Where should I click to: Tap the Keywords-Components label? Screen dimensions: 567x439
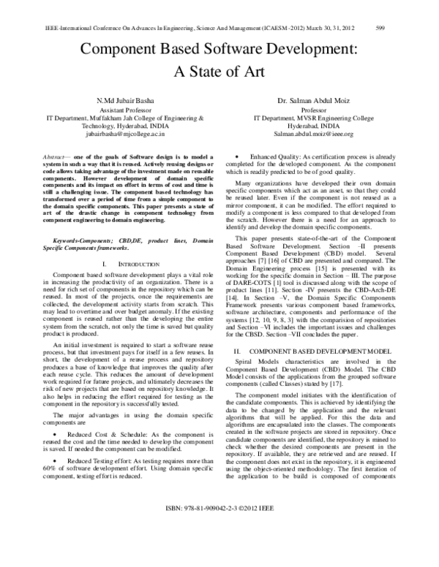(75, 220)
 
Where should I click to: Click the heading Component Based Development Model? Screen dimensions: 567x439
(318, 352)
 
